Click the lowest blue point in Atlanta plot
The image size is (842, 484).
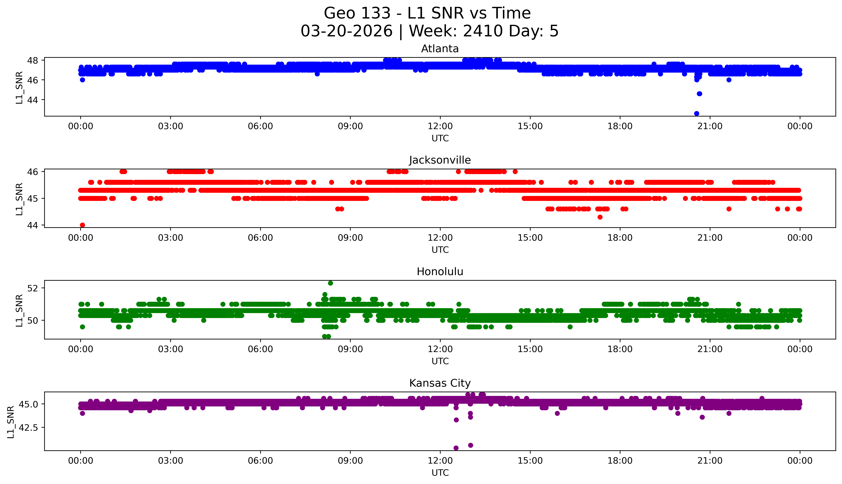click(697, 113)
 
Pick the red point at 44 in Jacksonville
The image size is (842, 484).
click(82, 225)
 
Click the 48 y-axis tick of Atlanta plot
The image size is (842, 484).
click(34, 60)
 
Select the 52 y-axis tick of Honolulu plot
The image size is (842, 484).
click(34, 288)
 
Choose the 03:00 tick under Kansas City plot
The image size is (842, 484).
click(171, 461)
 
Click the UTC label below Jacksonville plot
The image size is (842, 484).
click(440, 250)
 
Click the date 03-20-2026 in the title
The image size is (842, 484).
click(346, 31)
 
